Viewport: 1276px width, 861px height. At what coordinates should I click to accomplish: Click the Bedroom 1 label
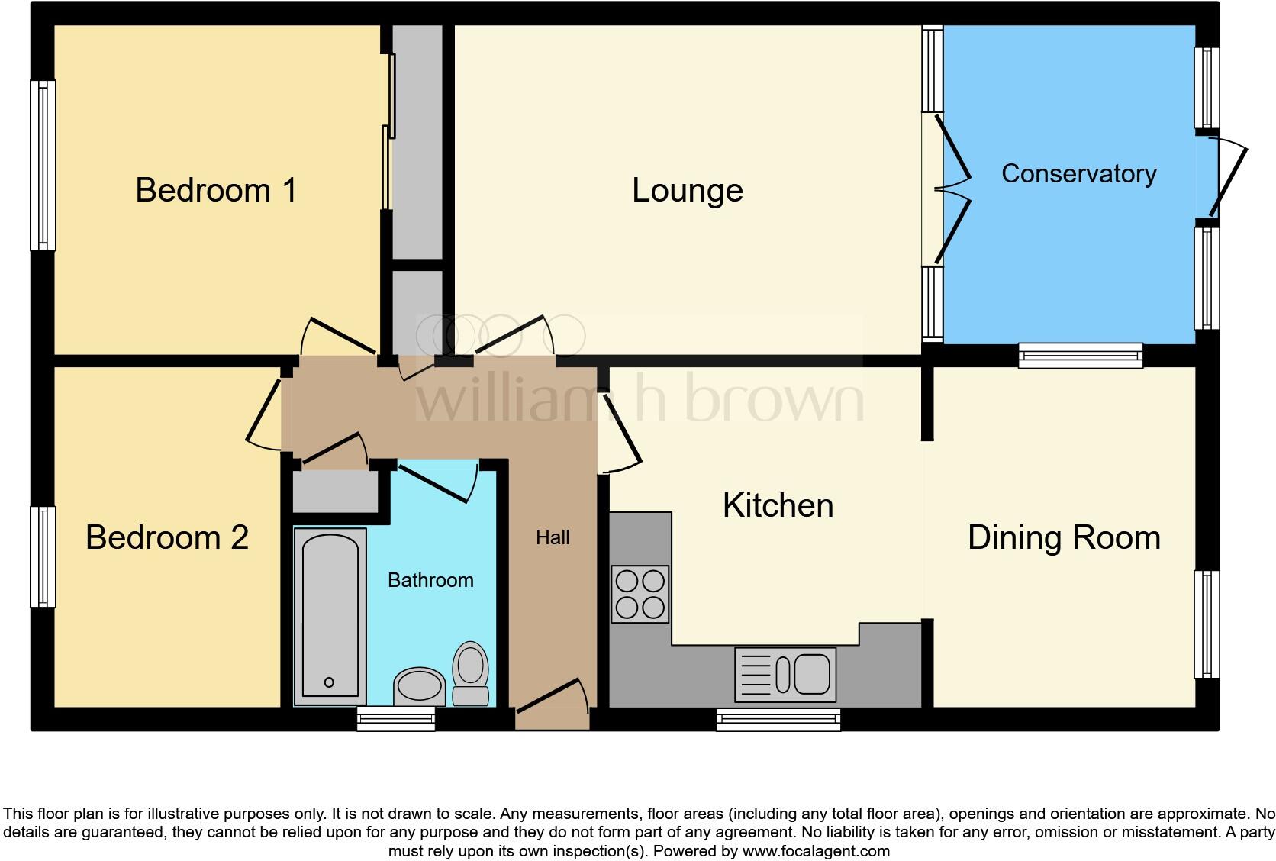pos(216,190)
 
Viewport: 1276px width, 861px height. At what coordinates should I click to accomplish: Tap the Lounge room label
pos(687,190)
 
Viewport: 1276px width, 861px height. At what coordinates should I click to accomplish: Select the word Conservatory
pos(1078,174)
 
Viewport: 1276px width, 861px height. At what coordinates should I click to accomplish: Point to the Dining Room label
pos(1064,537)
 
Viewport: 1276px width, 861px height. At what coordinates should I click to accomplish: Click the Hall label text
pos(553,537)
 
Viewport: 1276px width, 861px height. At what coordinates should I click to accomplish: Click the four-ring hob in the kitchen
pos(640,594)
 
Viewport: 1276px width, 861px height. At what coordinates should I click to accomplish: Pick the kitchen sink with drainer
pos(785,675)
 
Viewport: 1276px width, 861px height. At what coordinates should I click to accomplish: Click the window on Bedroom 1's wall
pos(43,165)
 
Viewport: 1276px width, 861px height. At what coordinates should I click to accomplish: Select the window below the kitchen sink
pos(778,719)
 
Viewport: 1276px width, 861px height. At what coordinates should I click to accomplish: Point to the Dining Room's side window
pos(1206,624)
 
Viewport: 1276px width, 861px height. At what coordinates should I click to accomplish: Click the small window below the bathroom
pos(396,718)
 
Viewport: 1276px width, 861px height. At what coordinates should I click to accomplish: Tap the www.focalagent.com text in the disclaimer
pos(816,850)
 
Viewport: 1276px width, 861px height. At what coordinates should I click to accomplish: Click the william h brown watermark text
pos(640,398)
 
